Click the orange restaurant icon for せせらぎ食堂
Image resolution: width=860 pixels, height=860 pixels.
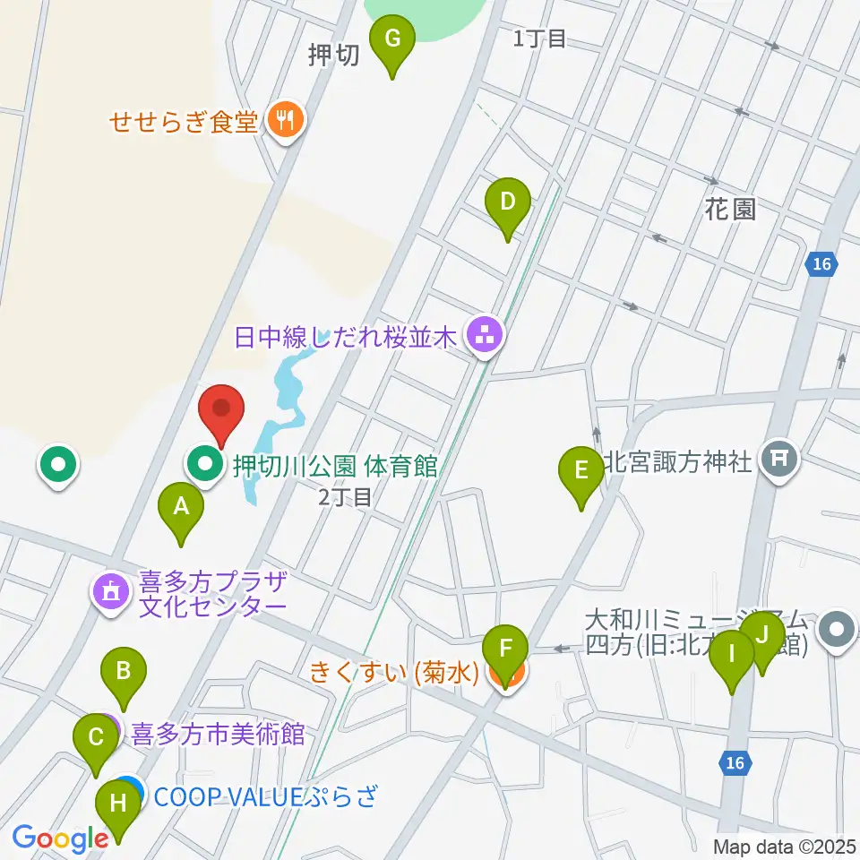286,120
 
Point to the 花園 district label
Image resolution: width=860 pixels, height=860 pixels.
730,210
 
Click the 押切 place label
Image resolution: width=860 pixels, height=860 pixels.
333,56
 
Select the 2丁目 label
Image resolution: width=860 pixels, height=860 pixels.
345,497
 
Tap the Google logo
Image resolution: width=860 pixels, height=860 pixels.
60,838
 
